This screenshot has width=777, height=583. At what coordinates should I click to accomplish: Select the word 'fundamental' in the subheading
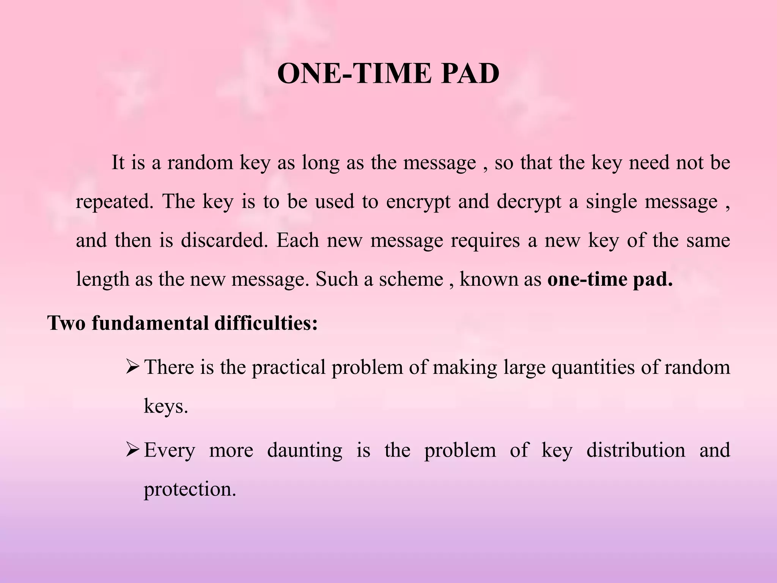[150, 323]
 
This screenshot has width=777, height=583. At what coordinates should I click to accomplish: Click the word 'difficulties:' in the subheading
[266, 323]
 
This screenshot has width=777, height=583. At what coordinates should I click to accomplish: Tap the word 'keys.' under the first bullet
[166, 407]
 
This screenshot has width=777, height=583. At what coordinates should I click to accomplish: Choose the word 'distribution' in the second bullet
[636, 450]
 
